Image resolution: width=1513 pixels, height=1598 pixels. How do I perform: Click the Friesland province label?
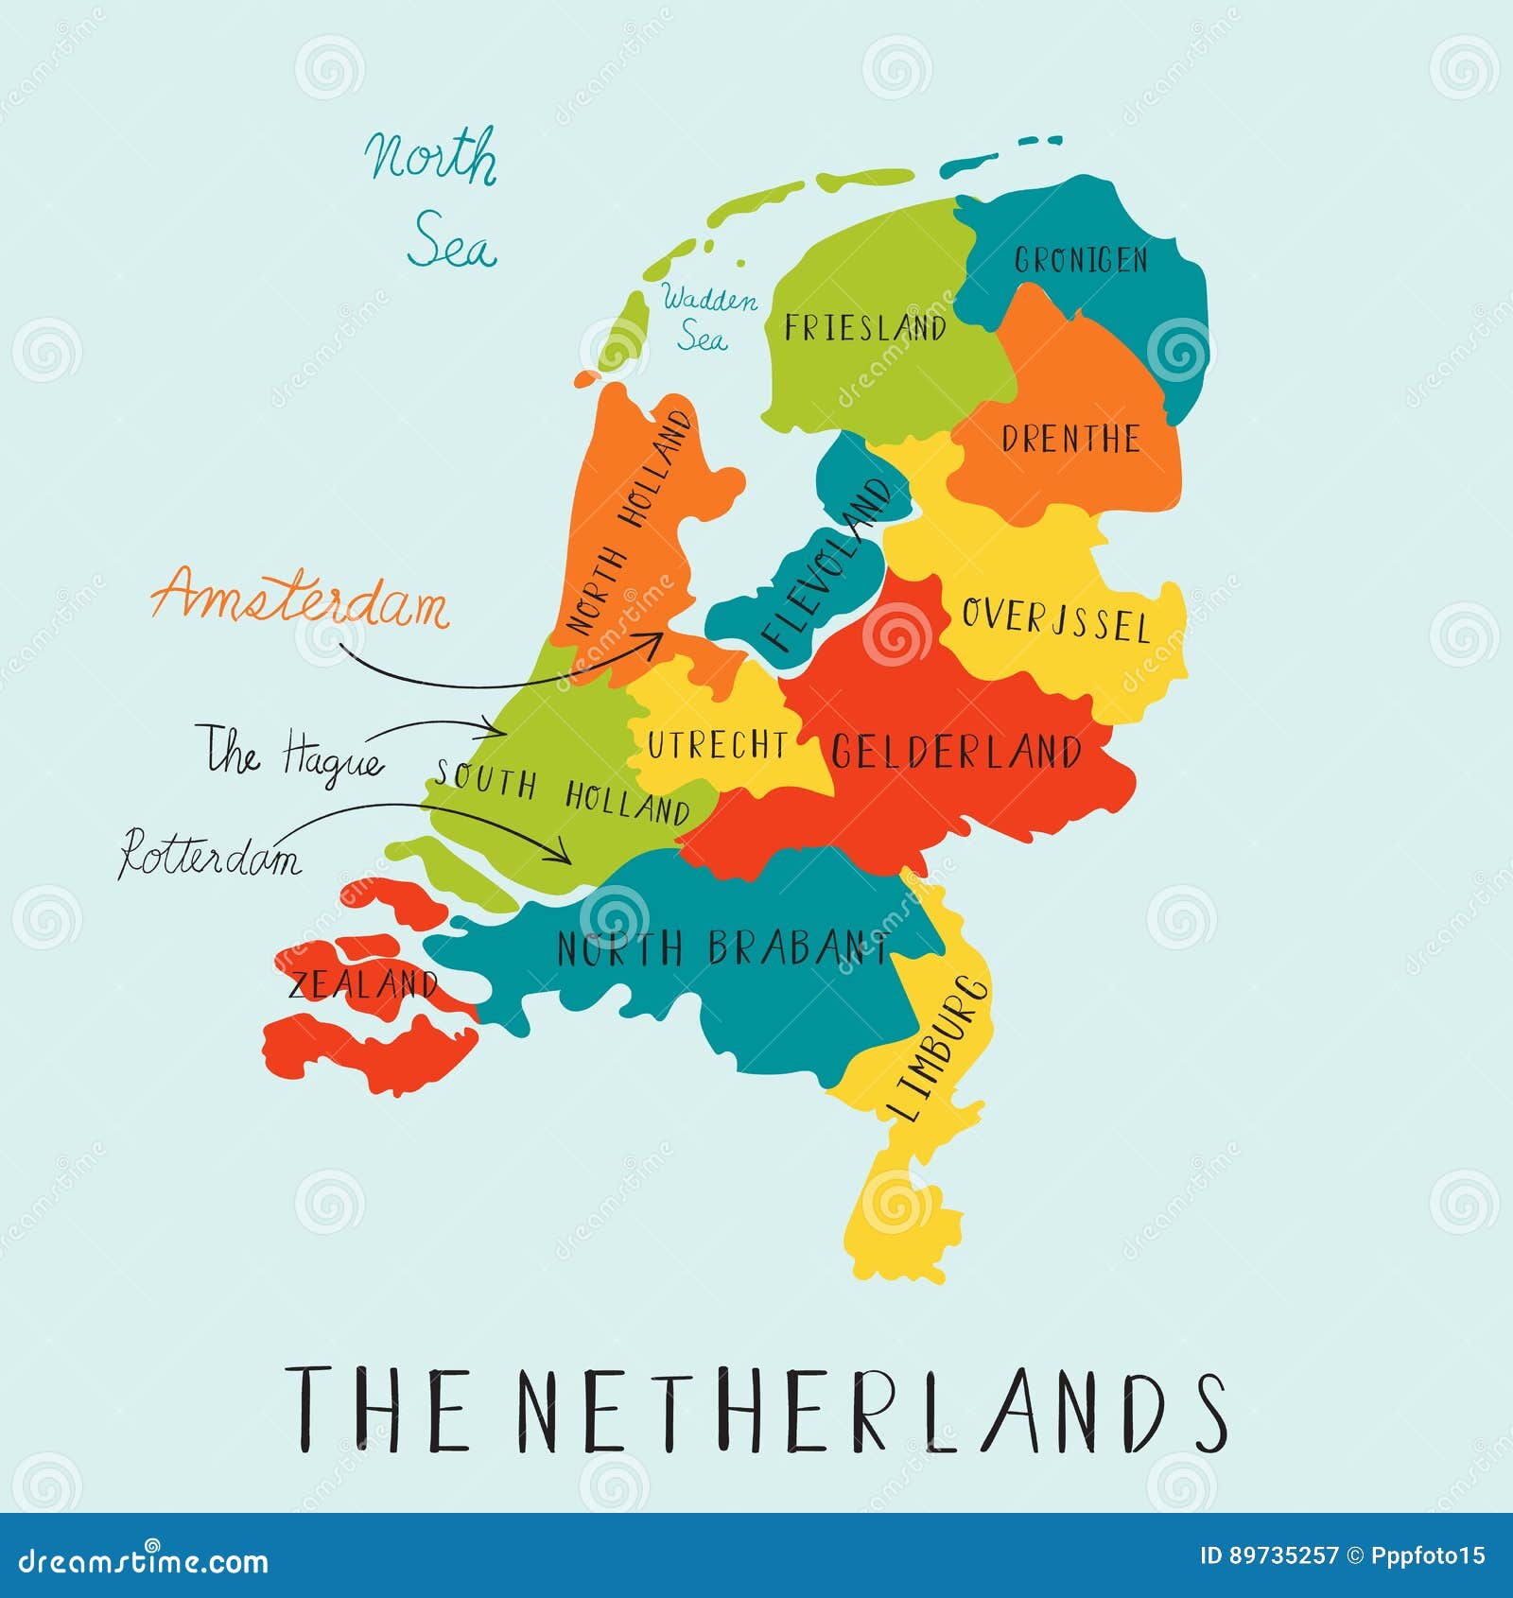(865, 327)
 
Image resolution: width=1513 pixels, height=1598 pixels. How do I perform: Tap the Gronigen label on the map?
(1081, 259)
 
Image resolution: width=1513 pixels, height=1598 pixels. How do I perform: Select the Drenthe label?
(1070, 439)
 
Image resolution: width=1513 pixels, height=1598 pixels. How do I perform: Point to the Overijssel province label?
(1055, 620)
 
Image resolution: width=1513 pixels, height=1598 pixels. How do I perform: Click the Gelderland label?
(956, 753)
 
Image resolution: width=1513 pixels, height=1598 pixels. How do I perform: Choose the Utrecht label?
(717, 745)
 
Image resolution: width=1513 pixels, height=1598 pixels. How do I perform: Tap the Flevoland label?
(826, 565)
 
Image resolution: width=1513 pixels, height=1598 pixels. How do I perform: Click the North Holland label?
(629, 522)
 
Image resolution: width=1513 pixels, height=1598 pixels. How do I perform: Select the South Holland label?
(563, 793)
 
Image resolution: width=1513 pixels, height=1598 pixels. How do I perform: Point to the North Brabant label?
(723, 947)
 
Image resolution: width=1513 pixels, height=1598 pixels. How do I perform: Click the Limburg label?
(938, 1048)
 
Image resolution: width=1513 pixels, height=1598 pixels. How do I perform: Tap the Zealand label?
(363, 984)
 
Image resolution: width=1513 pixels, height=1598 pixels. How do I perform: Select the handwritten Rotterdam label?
(210, 855)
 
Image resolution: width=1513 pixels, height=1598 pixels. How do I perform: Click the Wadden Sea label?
(707, 318)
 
